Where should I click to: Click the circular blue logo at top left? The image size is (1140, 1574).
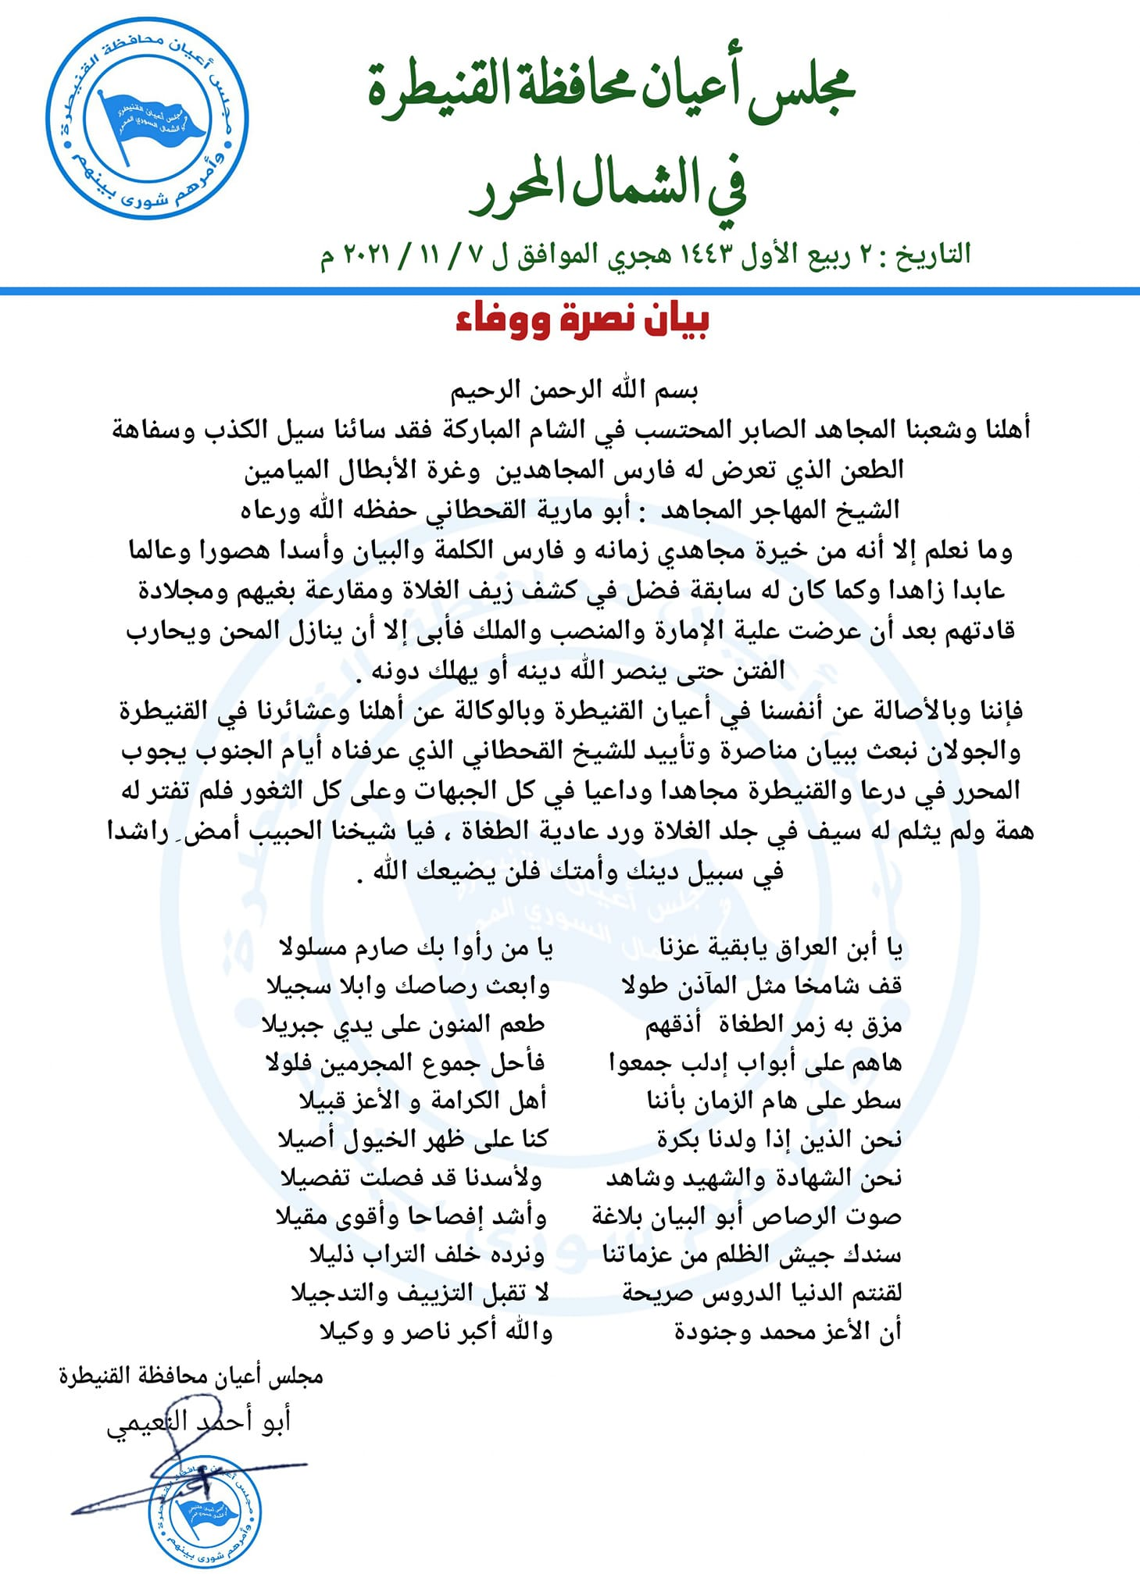147,119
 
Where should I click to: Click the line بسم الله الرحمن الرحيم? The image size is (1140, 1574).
574,390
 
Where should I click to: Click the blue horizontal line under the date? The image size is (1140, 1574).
570,291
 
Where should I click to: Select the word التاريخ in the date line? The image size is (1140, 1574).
934,255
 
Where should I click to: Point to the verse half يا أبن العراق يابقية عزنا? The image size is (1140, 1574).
781,948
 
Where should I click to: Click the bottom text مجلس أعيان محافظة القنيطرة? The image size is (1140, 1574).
191,1376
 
